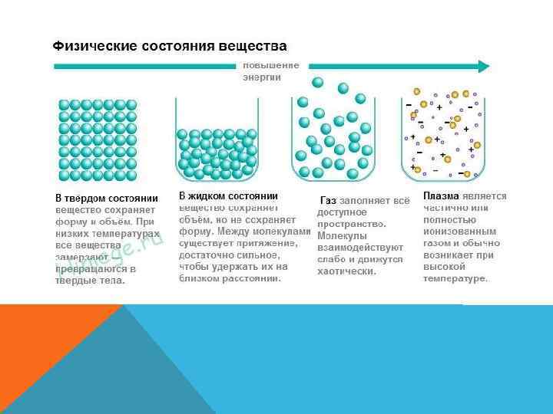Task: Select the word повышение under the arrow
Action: point(271,66)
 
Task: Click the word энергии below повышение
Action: point(262,77)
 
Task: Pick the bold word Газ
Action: point(329,200)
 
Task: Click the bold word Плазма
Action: point(441,196)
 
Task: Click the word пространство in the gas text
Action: point(351,224)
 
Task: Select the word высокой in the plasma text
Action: point(441,267)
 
